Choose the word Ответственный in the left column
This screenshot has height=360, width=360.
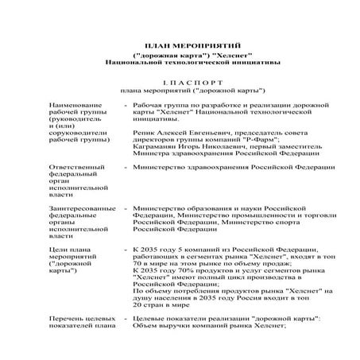click(78, 168)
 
